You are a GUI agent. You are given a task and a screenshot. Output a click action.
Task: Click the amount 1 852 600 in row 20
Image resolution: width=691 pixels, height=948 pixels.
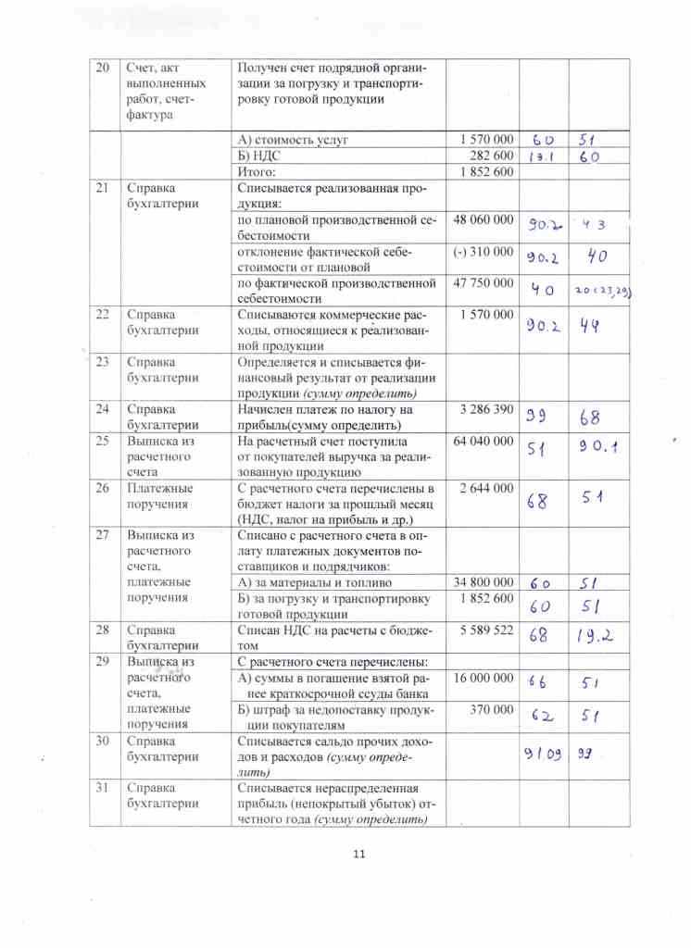tap(486, 172)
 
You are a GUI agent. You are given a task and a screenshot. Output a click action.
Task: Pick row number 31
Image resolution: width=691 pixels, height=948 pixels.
tap(103, 787)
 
